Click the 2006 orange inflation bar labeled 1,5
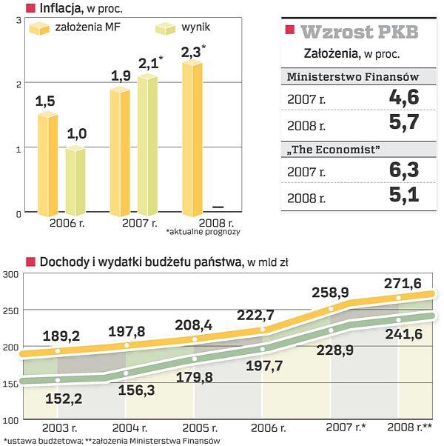pyautogui.click(x=48, y=163)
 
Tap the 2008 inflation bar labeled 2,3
pyautogui.click(x=192, y=137)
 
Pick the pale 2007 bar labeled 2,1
pyautogui.click(x=147, y=144)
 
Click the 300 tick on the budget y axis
pyautogui.click(x=10, y=274)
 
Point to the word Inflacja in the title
pyautogui.click(x=61, y=8)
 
